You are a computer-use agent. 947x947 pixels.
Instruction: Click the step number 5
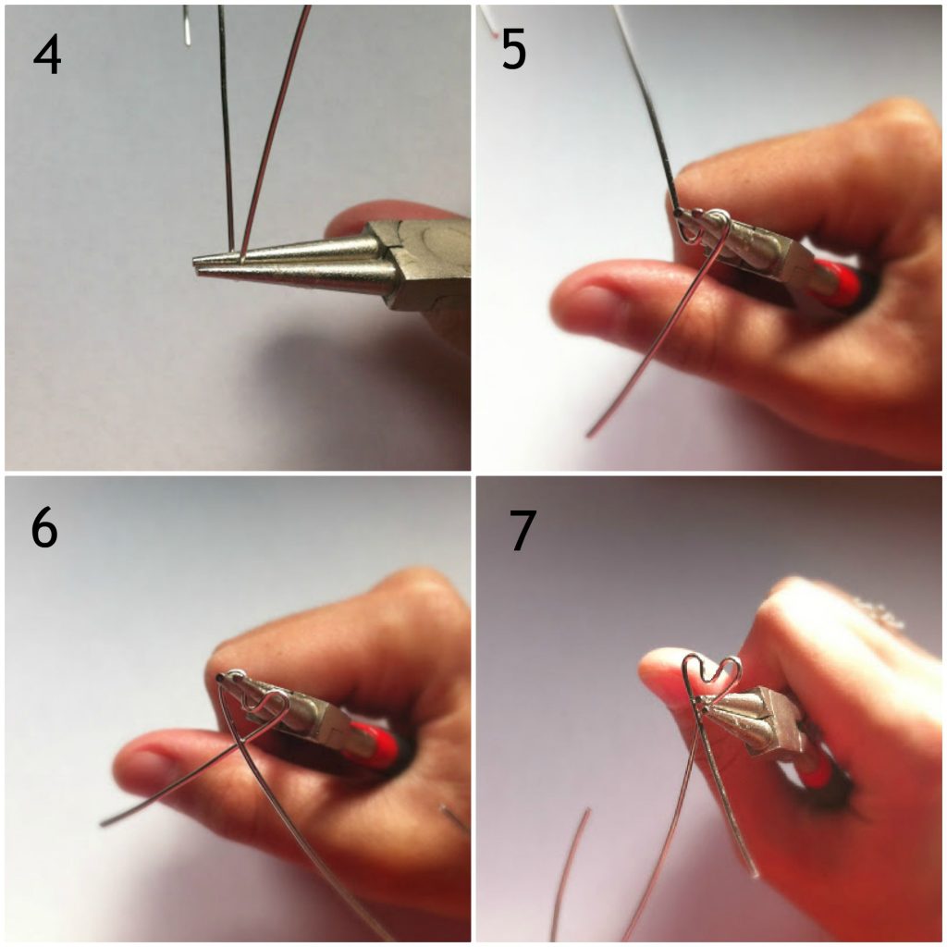coord(514,50)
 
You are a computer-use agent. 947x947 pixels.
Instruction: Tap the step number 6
coord(44,528)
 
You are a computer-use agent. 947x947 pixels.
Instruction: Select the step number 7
coord(523,530)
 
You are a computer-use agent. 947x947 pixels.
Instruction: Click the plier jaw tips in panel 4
coord(200,265)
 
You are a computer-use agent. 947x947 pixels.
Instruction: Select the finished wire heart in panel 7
coord(712,680)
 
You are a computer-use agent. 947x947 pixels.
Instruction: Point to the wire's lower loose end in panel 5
coord(589,435)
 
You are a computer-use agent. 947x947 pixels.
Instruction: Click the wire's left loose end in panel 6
coord(103,823)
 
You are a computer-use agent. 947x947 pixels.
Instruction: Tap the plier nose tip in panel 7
coord(701,701)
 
